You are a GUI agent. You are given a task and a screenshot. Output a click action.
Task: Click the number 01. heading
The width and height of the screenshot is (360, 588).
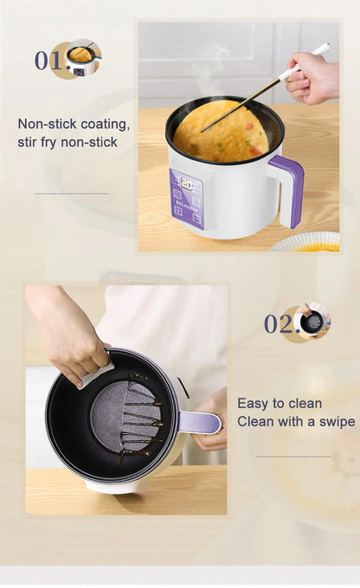click(x=48, y=61)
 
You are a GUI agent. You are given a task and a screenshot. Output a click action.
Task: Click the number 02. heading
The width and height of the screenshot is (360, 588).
click(x=279, y=324)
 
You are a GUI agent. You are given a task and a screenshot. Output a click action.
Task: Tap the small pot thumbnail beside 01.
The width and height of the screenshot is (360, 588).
click(x=81, y=59)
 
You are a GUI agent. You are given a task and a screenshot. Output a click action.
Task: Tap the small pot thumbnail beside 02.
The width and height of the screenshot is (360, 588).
click(x=312, y=322)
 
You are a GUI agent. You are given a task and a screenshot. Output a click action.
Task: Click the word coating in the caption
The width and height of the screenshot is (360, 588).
click(x=105, y=124)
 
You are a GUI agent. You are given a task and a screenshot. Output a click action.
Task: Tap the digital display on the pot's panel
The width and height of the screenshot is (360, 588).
click(x=185, y=183)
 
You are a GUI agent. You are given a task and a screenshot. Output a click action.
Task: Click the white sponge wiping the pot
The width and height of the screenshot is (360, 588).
click(x=96, y=374)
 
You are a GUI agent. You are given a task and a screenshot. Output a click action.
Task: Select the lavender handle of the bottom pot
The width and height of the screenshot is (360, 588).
click(x=200, y=422)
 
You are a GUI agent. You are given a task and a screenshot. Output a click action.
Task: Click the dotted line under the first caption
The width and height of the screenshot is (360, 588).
click(x=71, y=194)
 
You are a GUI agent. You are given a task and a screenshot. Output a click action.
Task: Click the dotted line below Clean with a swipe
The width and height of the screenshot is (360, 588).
click(x=293, y=457)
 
